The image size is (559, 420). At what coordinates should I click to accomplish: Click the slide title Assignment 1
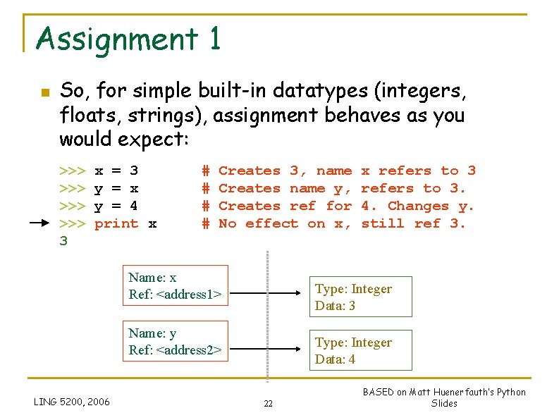pos(128,39)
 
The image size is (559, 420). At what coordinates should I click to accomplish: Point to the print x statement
pos(125,223)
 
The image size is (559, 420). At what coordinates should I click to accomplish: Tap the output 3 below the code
pos(63,241)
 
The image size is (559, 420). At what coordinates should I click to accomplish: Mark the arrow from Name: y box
pos(267,348)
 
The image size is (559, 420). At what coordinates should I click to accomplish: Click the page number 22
pos(268,403)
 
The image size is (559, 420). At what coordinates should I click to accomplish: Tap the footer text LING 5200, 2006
pos(72,402)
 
